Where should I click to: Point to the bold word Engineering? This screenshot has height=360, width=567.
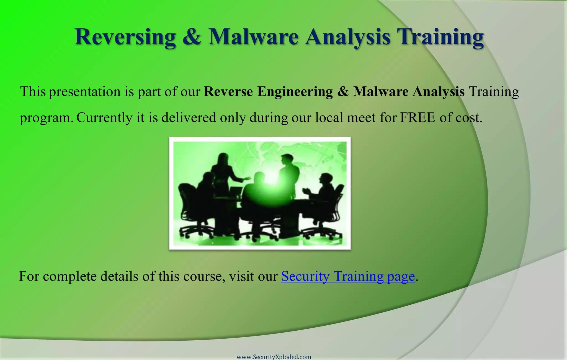pos(295,92)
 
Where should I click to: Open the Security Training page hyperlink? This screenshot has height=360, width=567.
pos(348,276)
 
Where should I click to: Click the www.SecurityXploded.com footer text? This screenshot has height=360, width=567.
pos(274,357)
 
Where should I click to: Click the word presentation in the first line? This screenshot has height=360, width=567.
pos(85,92)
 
